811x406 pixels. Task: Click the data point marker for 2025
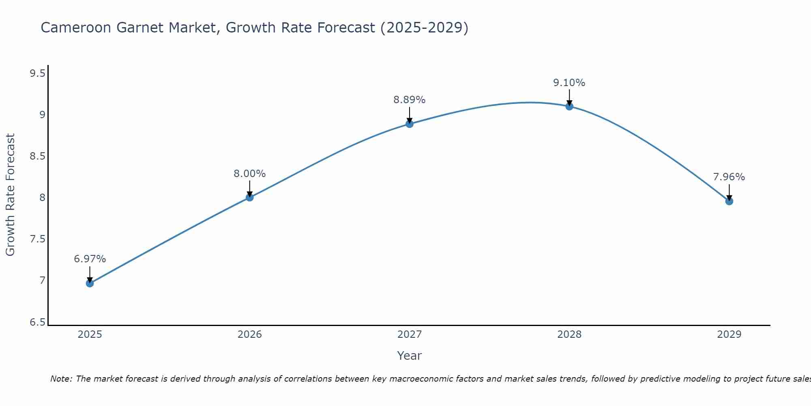90,283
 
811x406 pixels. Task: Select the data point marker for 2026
250,197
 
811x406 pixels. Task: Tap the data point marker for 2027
410,124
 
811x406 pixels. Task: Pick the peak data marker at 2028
569,106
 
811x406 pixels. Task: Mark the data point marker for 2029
729,201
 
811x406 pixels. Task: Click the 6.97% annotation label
90,259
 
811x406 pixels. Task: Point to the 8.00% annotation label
250,174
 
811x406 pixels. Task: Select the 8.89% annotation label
410,100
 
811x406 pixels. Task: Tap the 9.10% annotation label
569,83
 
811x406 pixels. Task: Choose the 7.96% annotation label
729,177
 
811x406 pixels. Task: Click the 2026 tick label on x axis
250,335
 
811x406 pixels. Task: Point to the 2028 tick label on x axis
569,335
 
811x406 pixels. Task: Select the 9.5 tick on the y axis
38,73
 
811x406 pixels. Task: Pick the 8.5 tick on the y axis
38,157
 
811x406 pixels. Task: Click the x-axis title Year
410,356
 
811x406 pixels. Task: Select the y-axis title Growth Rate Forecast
11,195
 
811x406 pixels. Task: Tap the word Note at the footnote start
60,379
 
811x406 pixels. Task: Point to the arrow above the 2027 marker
410,114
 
